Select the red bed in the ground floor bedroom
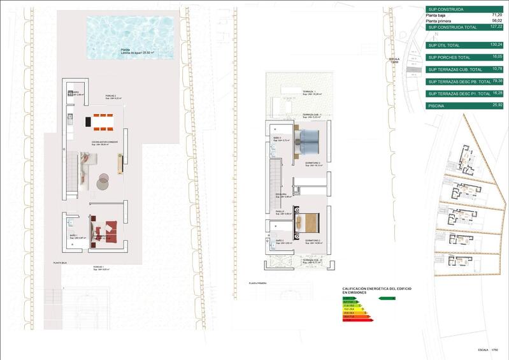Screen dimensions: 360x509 pos(108,227)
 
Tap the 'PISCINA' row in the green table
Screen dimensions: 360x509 pos(438,105)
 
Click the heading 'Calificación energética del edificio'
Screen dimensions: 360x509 pos(376,290)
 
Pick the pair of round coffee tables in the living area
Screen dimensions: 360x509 pos(103,182)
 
